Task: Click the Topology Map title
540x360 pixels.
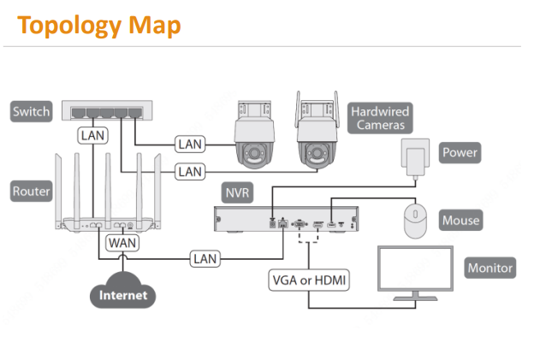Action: [x=99, y=25]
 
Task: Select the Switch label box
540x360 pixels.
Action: [x=32, y=111]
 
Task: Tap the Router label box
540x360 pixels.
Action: [x=32, y=192]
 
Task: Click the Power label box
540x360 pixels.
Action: [x=460, y=154]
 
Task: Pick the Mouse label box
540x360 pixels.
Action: [x=460, y=221]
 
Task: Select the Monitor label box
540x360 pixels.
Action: [x=490, y=268]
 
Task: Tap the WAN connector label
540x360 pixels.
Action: [x=122, y=242]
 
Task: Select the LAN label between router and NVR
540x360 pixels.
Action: [x=205, y=257]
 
